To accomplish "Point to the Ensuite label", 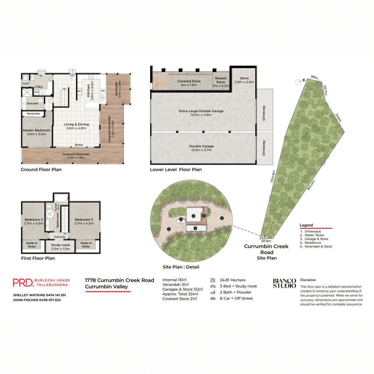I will click(33, 103).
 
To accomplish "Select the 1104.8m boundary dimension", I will click(273, 176).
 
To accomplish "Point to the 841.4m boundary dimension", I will click(311, 185).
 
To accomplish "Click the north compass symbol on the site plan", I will click(298, 82).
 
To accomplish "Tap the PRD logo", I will click(23, 282).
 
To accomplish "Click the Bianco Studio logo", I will click(284, 283).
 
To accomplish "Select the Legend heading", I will click(306, 225).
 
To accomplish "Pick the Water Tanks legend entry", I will click(314, 235).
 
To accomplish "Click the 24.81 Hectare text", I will click(233, 280).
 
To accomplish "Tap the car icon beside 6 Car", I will click(213, 299).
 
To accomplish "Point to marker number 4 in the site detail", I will click(194, 216).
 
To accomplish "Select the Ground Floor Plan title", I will click(41, 170).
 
